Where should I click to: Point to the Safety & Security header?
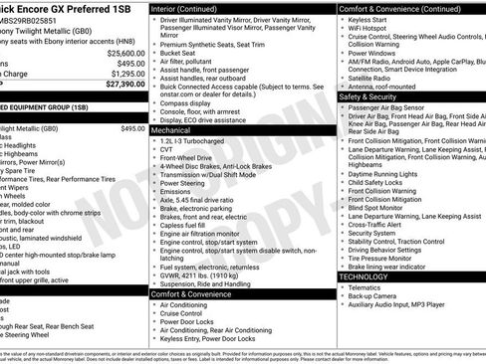click(x=375, y=96)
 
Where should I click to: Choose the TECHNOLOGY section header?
click(x=368, y=275)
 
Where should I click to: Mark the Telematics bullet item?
click(x=367, y=286)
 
